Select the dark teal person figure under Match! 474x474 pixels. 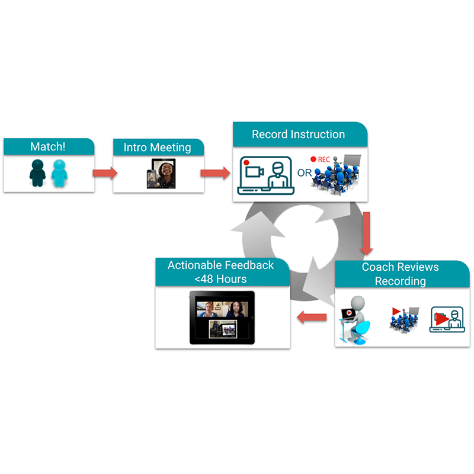(37, 172)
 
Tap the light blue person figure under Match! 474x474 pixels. (60, 172)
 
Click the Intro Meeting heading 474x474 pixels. (158, 147)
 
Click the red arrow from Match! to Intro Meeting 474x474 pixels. (104, 173)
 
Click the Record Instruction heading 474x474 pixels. (298, 134)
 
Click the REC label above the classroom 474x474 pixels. (324, 159)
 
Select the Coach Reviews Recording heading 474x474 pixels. (400, 273)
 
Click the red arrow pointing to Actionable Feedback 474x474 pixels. (312, 318)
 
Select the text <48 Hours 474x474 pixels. (222, 278)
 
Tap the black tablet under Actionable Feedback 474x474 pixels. (222, 318)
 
